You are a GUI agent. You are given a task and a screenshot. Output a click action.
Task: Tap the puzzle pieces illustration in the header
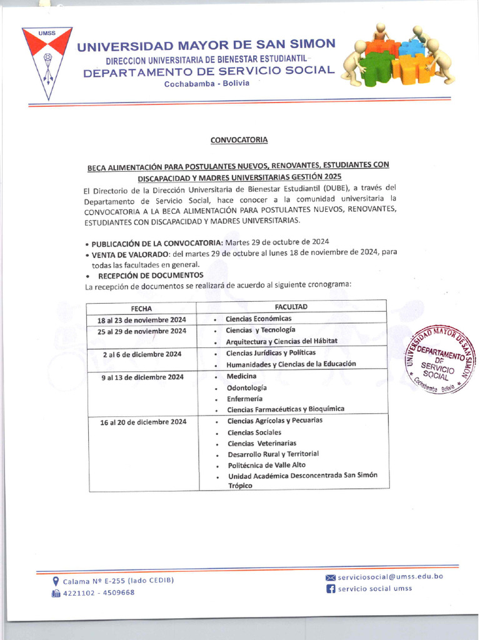click(397, 57)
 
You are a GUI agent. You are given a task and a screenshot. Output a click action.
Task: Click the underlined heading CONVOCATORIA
click(239, 140)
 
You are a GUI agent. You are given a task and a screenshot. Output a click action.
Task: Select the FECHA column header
click(141, 308)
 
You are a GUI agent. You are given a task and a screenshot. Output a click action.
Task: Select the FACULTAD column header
click(291, 306)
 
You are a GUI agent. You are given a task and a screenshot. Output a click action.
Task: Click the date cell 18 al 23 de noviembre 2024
click(142, 320)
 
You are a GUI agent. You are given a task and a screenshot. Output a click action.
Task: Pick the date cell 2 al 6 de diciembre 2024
click(142, 354)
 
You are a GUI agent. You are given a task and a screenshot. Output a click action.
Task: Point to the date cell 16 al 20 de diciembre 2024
click(143, 422)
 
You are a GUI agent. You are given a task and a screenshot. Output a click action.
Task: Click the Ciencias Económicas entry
click(258, 319)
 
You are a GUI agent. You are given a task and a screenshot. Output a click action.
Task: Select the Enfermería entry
click(244, 399)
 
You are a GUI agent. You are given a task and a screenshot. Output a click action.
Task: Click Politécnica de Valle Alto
click(266, 465)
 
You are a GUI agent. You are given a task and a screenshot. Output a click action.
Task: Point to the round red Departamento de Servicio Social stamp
click(440, 360)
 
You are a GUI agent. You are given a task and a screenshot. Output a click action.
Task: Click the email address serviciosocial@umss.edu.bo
click(390, 576)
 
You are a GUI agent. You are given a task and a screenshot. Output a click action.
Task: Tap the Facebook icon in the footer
click(331, 589)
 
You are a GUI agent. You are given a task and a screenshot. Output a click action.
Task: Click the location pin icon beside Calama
click(56, 581)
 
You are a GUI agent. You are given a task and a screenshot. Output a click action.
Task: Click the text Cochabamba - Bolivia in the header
click(206, 84)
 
